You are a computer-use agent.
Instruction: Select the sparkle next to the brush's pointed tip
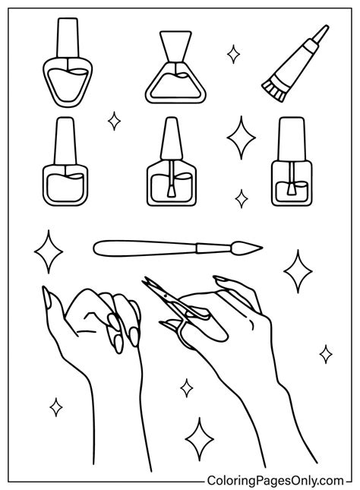(x=298, y=270)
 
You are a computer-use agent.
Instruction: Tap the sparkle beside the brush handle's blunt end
(x=50, y=252)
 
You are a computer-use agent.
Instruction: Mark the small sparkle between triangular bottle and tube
(x=233, y=54)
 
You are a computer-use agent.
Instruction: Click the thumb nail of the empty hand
(x=47, y=299)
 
